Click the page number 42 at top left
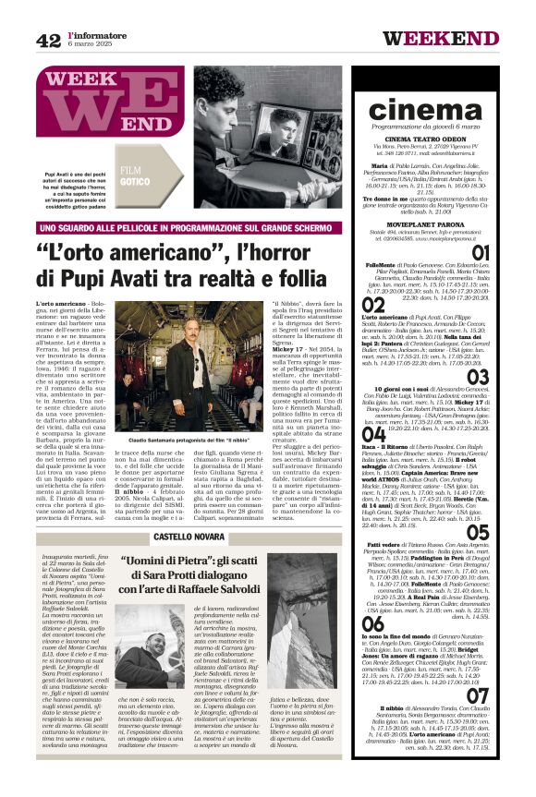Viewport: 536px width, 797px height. point(48,40)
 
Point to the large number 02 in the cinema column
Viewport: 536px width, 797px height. point(372,305)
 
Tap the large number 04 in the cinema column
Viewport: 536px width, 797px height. point(372,434)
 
